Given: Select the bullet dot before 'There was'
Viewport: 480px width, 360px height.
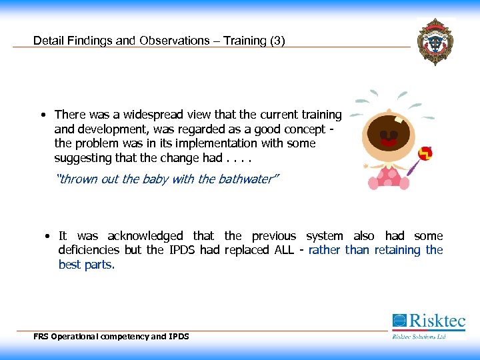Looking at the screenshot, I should click(x=43, y=115).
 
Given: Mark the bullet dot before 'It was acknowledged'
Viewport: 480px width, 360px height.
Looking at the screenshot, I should click(x=48, y=236).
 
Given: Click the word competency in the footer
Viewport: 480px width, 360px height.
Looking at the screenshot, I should click(x=123, y=337).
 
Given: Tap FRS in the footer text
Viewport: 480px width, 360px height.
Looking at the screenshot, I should click(x=41, y=337).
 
